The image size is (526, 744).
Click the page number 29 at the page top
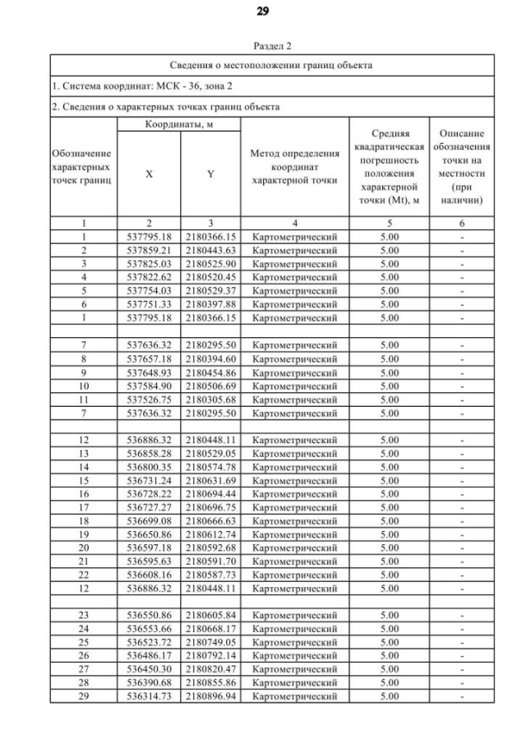[263, 12]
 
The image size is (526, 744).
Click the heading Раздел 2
[270, 47]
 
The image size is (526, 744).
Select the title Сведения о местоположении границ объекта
[270, 65]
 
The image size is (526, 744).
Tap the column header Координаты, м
[178, 124]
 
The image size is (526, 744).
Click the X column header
[149, 174]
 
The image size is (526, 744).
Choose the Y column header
[210, 174]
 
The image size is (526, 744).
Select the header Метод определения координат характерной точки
[294, 167]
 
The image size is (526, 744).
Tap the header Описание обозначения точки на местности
[461, 167]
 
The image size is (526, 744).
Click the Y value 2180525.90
[210, 263]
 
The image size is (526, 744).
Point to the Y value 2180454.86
[210, 372]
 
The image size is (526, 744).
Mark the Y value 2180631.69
[210, 480]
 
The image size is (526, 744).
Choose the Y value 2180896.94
[210, 696]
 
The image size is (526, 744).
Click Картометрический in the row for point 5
[294, 290]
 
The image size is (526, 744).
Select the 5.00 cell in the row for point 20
[389, 548]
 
